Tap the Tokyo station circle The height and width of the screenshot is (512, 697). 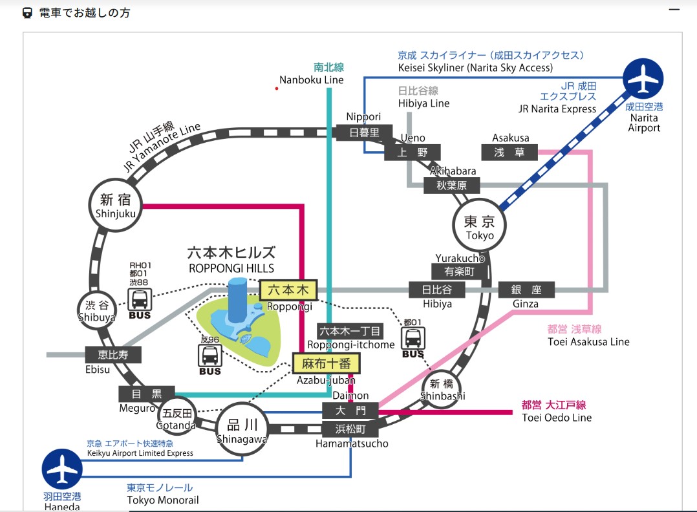pos(479,226)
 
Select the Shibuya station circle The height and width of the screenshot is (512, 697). pos(96,310)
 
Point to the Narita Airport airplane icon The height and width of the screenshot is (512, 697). pos(644,80)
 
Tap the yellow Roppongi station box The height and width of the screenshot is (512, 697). pos(288,289)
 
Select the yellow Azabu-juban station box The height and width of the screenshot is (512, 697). pos(326,364)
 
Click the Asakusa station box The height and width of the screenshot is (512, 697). pos(509,152)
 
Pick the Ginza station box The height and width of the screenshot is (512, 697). pos(527,290)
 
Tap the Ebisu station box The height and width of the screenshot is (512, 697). pos(113,354)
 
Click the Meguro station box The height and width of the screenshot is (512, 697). pos(147,393)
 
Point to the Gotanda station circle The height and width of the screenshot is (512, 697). pos(178,416)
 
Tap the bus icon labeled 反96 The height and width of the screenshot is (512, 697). pos(209,356)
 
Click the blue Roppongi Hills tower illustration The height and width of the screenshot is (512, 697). pos(237,301)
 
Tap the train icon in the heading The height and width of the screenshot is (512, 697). pos(27,12)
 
